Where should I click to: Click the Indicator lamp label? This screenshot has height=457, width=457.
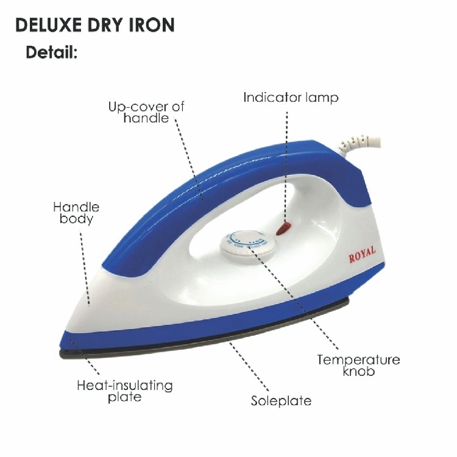291,97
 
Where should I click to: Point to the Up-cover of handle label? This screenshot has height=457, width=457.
146,112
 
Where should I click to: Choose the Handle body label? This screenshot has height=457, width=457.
76,213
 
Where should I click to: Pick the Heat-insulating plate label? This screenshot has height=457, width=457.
125,391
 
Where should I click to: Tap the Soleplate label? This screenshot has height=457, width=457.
281,401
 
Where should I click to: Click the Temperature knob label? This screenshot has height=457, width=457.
358,365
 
